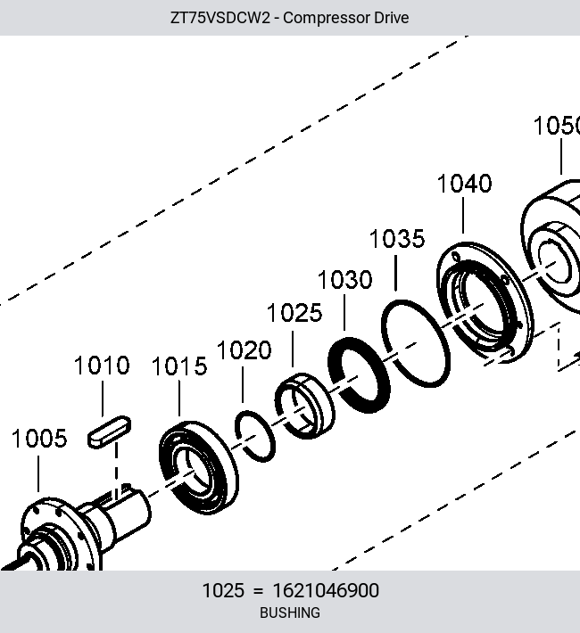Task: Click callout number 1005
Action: point(39,439)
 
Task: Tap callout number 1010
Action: point(102,365)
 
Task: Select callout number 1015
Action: point(179,366)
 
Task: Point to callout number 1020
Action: point(244,349)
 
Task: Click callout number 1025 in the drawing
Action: point(294,313)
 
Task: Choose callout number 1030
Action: point(344,280)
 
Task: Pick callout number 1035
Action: point(397,239)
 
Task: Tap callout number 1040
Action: point(465,184)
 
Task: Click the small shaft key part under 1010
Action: point(109,432)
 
